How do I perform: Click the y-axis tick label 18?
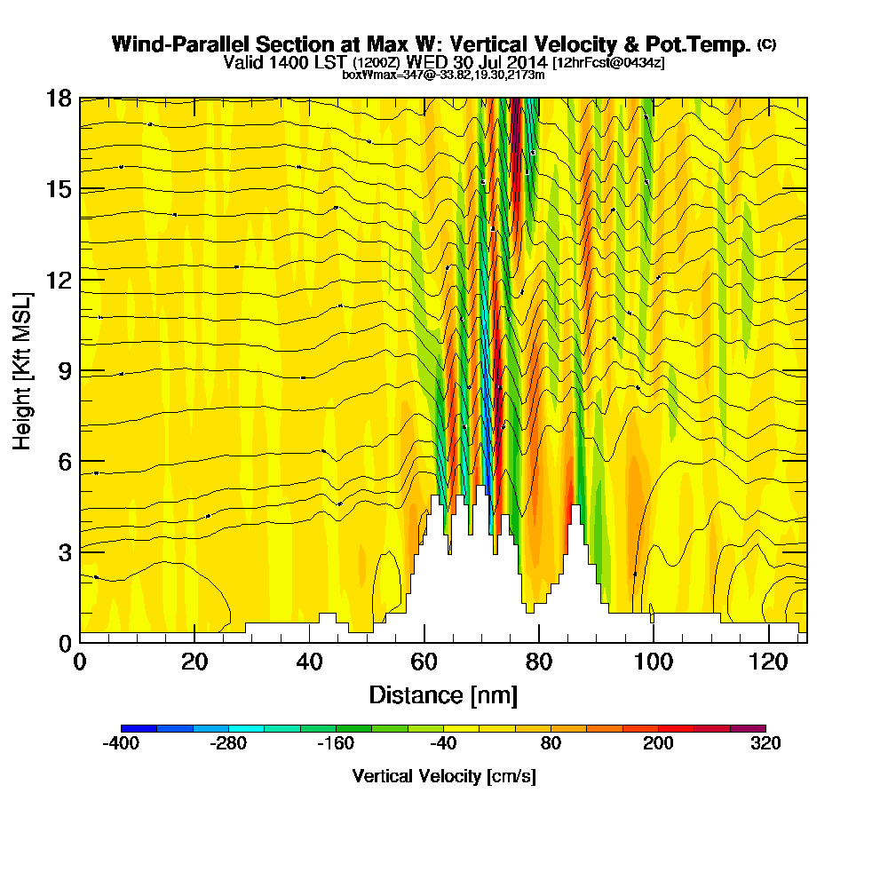[x=59, y=99]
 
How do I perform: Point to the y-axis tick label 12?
[x=59, y=280]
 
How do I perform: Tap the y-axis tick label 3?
[x=64, y=551]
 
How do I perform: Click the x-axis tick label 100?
[x=653, y=662]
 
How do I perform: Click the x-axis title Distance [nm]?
[x=443, y=694]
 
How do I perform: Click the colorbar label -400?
[x=121, y=744]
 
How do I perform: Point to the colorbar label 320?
[x=765, y=744]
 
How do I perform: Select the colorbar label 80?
[x=551, y=744]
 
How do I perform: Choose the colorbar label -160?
[x=336, y=744]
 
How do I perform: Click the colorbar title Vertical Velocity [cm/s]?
[x=443, y=776]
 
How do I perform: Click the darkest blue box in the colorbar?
[x=139, y=728]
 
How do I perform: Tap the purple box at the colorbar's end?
[x=748, y=728]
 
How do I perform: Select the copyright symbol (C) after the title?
[x=766, y=44]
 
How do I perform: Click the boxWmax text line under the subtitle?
[x=443, y=75]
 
